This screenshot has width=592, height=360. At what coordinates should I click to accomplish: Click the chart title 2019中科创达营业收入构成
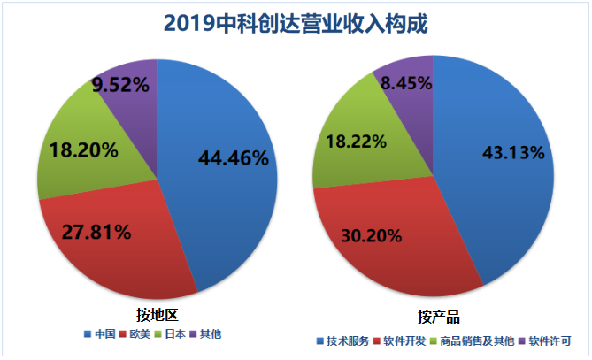click(x=296, y=23)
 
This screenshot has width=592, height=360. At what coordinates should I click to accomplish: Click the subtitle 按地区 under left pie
click(x=157, y=314)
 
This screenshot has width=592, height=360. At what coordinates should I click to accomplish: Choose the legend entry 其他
click(x=211, y=334)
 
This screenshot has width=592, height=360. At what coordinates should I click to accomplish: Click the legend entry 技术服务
click(x=348, y=341)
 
